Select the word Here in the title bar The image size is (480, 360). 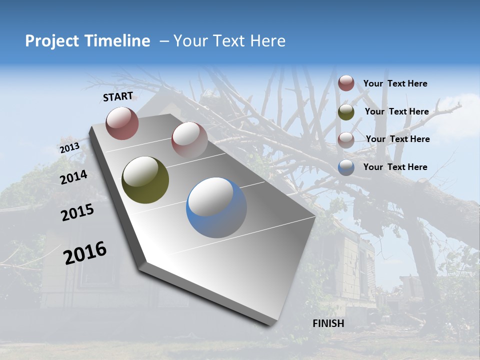tap(267, 41)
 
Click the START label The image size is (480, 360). tap(118, 96)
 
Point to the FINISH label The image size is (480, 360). tap(328, 323)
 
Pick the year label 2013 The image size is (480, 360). tap(69, 148)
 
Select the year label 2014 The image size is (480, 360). tap(74, 177)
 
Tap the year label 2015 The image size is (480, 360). tap(77, 212)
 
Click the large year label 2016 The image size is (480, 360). tap(85, 252)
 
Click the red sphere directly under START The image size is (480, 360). tap(122, 123)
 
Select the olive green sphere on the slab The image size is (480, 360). tap(145, 180)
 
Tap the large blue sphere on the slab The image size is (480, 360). tap(216, 207)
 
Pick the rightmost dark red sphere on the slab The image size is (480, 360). tap(189, 139)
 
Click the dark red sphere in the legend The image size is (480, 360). tap(346, 83)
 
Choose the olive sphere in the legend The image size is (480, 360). tap(346, 112)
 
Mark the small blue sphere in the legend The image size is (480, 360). tap(346, 167)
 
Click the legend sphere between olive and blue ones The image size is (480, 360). tap(346, 139)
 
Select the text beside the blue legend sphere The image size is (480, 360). tap(395, 167)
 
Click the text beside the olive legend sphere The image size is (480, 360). tap(396, 111)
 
